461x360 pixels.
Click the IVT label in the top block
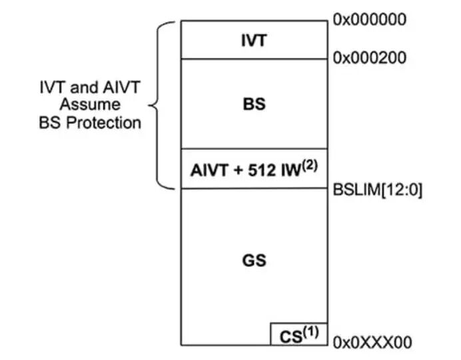point(254,41)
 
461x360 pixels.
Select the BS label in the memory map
point(254,104)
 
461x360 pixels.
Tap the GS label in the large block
point(254,260)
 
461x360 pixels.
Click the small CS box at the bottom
point(298,335)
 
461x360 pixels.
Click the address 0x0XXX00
point(372,343)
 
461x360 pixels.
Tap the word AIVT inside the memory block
point(209,171)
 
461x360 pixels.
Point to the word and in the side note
point(81,87)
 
